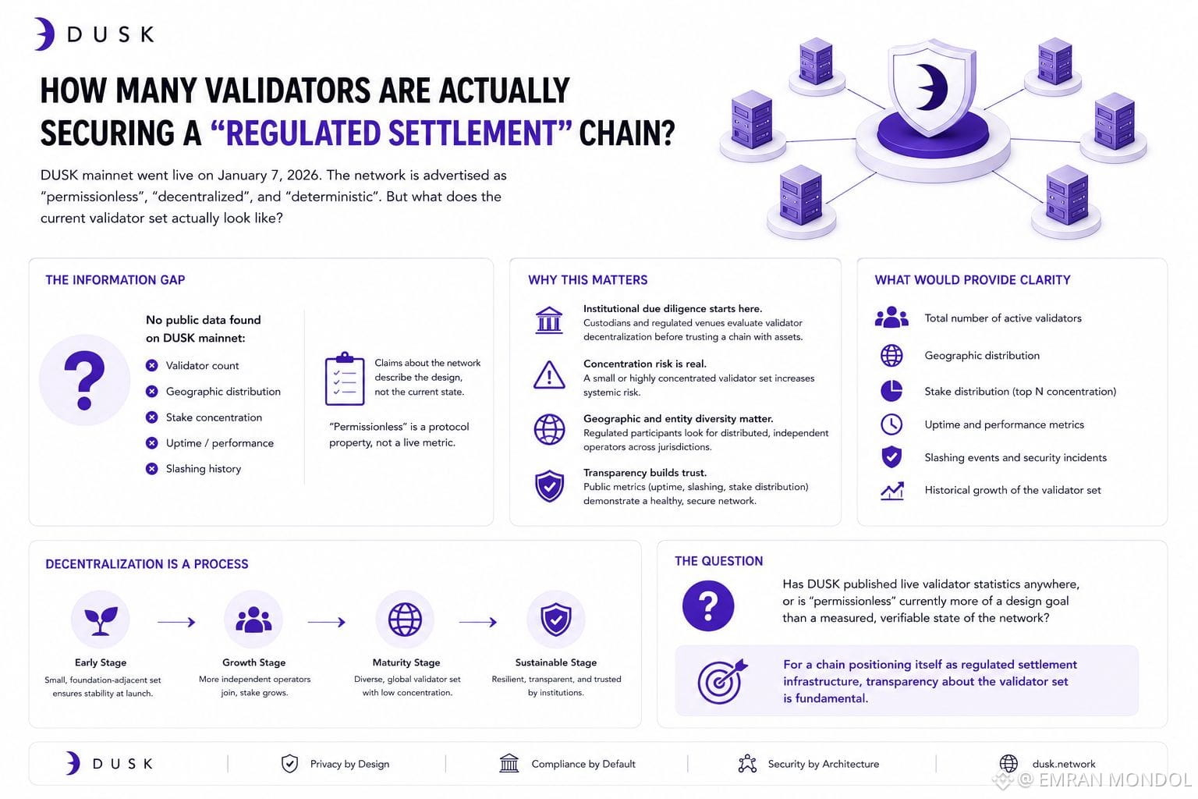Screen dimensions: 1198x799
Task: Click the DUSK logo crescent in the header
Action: click(x=46, y=34)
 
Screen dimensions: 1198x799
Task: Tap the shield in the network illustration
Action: click(x=932, y=87)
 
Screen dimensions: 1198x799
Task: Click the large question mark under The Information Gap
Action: click(x=84, y=380)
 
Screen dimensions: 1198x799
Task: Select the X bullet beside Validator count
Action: click(x=152, y=365)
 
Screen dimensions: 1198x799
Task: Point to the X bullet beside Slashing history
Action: click(x=152, y=469)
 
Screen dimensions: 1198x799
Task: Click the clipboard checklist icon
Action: click(x=345, y=378)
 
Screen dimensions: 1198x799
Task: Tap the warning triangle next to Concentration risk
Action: click(x=549, y=375)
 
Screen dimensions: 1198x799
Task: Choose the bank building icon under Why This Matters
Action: click(x=549, y=320)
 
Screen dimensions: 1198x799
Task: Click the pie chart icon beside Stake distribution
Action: click(x=891, y=391)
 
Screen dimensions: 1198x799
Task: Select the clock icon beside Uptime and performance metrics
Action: click(x=891, y=424)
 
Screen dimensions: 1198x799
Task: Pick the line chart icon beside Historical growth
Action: click(x=892, y=491)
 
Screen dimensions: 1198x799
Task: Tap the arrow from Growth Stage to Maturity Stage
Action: click(x=326, y=622)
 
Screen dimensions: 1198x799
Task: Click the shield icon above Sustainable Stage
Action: click(x=555, y=620)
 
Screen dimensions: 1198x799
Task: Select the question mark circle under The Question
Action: click(x=708, y=605)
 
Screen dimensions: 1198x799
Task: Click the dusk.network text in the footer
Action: click(x=1064, y=764)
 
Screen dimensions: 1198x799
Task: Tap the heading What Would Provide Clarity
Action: click(x=973, y=280)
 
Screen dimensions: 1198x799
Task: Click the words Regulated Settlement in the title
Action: click(x=392, y=133)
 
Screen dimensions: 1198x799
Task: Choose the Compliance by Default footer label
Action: click(x=583, y=764)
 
